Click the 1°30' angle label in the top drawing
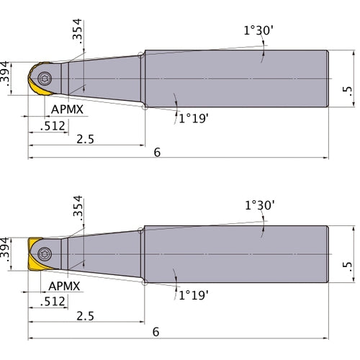[259, 31]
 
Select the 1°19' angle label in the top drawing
[193, 119]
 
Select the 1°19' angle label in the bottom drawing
[193, 294]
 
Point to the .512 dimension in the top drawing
[54, 125]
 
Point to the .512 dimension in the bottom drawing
[54, 301]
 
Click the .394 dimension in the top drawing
[6, 76]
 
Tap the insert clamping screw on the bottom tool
[45, 253]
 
